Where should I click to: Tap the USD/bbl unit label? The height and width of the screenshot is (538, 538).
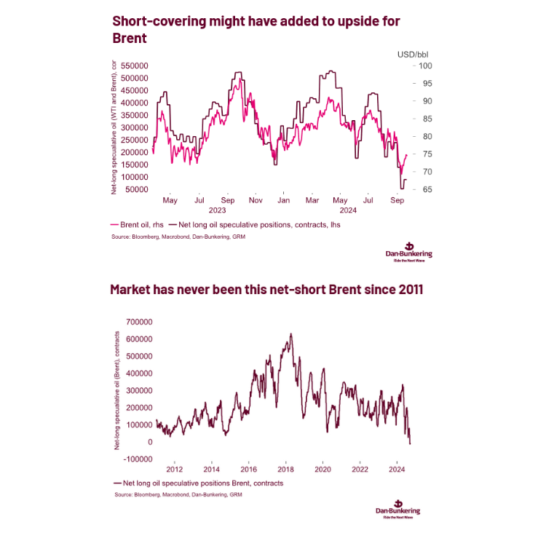(x=412, y=54)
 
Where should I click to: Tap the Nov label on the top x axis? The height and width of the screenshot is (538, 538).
(x=255, y=199)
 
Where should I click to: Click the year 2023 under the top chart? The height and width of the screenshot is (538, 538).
(x=218, y=210)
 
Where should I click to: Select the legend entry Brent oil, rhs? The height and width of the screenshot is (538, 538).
(x=141, y=225)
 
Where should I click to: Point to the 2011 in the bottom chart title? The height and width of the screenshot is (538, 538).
(x=406, y=290)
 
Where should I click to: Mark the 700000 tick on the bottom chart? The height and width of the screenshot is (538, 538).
(x=136, y=321)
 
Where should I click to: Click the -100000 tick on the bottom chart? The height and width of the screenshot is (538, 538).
(x=135, y=459)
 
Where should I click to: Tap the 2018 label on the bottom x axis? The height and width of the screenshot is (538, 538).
(x=285, y=470)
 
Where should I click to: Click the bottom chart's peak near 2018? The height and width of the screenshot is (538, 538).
(x=290, y=334)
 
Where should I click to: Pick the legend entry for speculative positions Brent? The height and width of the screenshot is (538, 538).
(x=197, y=483)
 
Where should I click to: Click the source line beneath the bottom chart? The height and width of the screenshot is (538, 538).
(x=178, y=495)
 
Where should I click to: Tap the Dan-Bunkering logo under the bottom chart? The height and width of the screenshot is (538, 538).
(x=397, y=508)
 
